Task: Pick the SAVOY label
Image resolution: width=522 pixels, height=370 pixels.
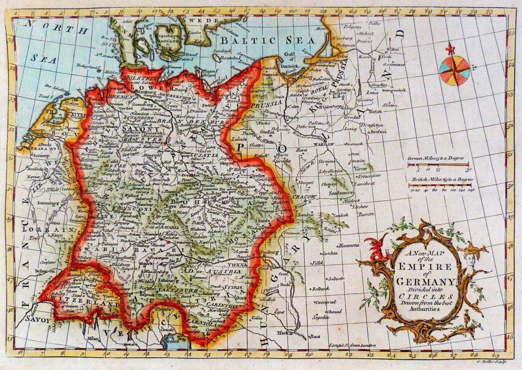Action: click(38, 320)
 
